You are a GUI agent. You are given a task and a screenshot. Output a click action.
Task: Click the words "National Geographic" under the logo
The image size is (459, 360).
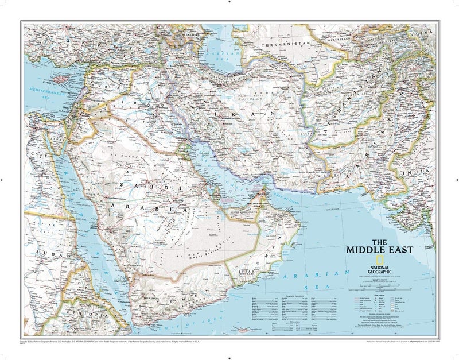pos(376,266)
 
